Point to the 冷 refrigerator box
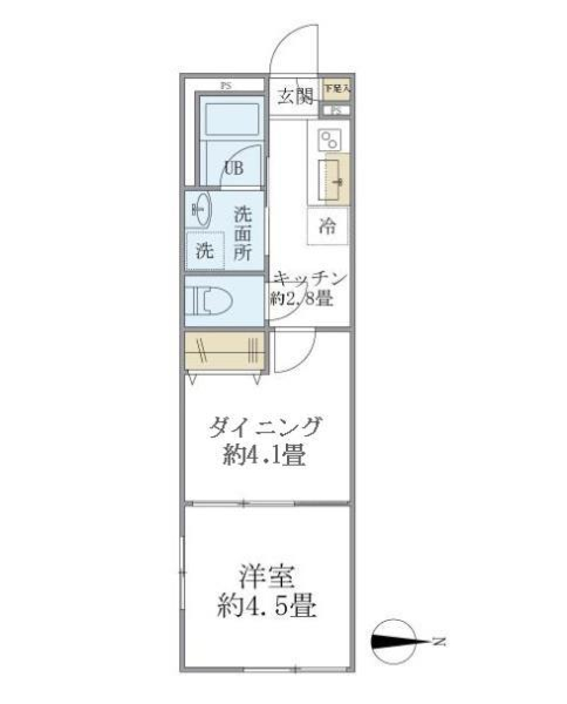point(328,226)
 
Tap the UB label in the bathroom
point(232,168)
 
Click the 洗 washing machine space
point(205,251)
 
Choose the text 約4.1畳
point(264,456)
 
